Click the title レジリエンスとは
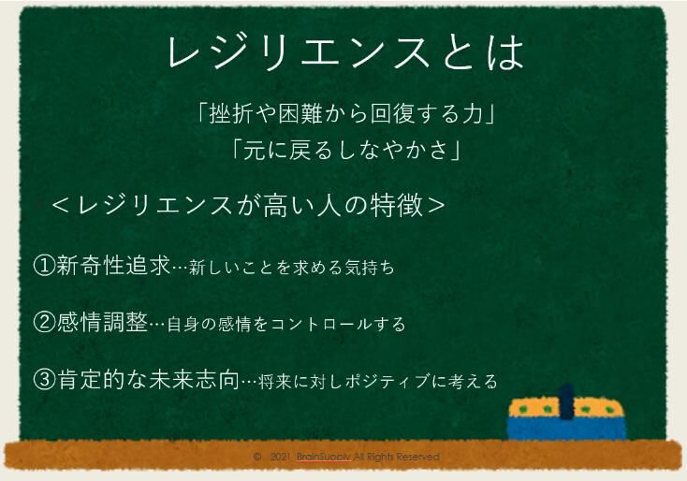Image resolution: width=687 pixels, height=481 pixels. [x=345, y=52]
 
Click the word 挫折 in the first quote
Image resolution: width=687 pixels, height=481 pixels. [x=237, y=114]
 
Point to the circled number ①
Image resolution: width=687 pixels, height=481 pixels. [x=44, y=266]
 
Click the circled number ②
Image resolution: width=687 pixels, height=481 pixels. [x=44, y=323]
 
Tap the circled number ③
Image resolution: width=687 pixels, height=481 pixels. [x=44, y=380]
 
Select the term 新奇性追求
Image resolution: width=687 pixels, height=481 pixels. [x=113, y=266]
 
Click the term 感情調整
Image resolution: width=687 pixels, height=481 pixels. [x=102, y=323]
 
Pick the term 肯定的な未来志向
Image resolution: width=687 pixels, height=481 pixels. [x=148, y=380]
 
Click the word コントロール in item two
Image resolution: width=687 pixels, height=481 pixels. [x=321, y=325]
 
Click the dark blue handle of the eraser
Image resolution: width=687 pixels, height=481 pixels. [x=566, y=401]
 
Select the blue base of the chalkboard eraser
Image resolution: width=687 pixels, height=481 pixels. [x=567, y=428]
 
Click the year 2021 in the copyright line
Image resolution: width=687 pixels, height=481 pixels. [x=280, y=457]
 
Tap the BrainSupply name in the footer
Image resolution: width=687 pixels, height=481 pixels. [x=324, y=457]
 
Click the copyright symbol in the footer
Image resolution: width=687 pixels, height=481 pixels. [x=257, y=457]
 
